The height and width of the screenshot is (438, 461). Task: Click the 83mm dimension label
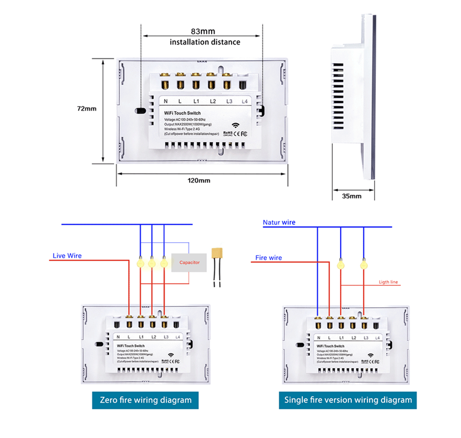click(203, 31)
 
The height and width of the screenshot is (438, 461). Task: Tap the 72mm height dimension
click(87, 109)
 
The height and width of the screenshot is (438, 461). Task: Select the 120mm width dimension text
click(198, 180)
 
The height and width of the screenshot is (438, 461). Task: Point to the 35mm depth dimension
click(352, 196)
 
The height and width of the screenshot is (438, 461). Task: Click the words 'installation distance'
click(205, 42)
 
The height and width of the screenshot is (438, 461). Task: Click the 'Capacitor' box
click(189, 262)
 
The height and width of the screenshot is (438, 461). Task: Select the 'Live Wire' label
click(67, 255)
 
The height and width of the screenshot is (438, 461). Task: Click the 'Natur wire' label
click(279, 222)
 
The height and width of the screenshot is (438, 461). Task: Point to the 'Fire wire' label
click(269, 258)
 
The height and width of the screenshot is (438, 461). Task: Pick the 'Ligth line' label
click(388, 282)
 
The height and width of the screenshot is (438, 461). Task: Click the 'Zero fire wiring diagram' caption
click(145, 400)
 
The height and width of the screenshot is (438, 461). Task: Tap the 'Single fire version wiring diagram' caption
click(348, 400)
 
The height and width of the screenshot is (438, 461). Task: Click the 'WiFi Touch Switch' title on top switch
click(183, 113)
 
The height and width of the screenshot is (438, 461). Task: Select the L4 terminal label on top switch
click(244, 101)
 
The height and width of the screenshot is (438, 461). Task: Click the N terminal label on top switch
click(165, 101)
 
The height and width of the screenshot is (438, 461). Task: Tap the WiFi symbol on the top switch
click(236, 125)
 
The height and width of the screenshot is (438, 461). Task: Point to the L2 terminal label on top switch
click(213, 101)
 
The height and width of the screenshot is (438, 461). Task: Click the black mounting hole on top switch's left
click(140, 111)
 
